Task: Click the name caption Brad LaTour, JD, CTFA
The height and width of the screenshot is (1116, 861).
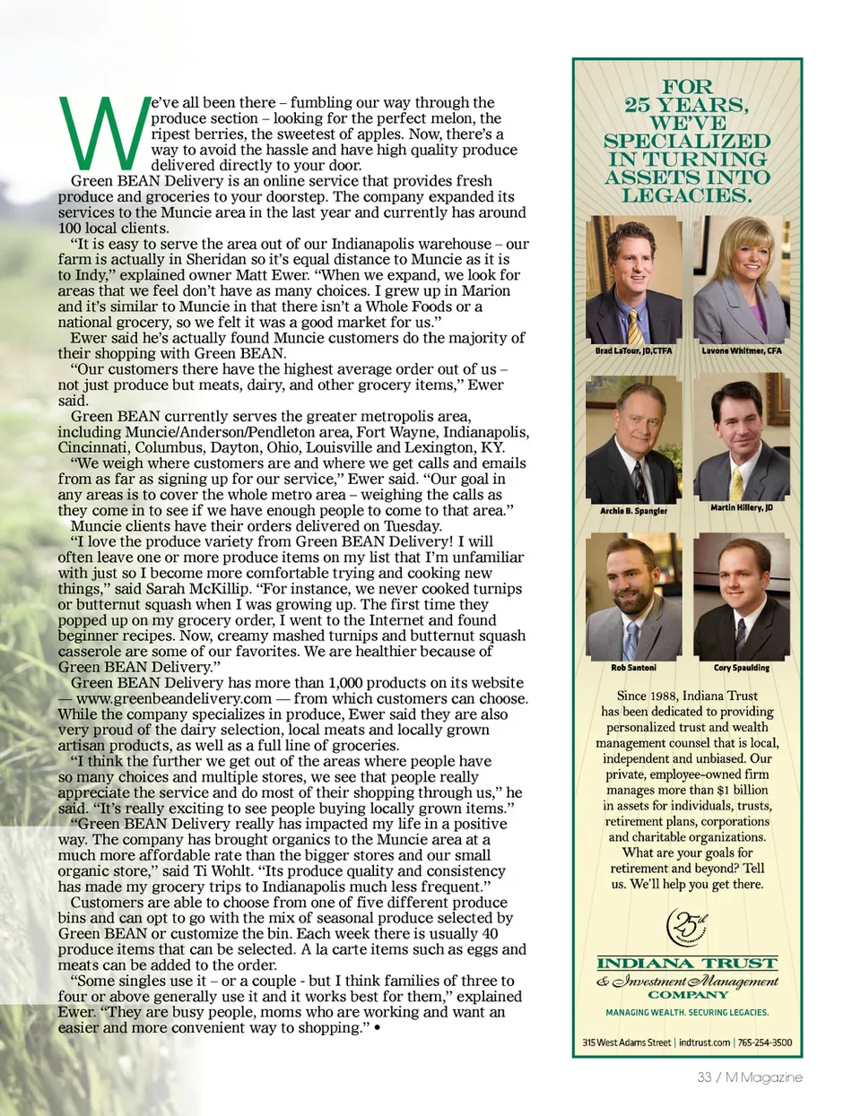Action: [633, 350]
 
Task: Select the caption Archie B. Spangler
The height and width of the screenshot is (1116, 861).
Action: [633, 511]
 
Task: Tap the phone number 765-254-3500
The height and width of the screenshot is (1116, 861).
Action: [765, 1042]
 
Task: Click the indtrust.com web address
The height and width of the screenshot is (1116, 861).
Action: [704, 1042]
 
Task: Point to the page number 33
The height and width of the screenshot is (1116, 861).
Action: [704, 1077]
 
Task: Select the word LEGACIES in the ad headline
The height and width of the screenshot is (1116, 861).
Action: [687, 195]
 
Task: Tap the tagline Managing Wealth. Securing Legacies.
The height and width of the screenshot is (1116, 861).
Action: [687, 1012]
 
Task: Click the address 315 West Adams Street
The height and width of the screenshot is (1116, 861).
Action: [627, 1042]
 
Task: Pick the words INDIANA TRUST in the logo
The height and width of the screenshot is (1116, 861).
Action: [687, 964]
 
